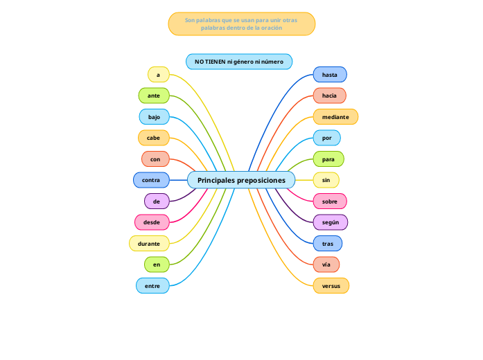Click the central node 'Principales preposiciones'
[241, 180]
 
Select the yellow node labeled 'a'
[158, 74]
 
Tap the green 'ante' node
[154, 96]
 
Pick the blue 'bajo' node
[154, 117]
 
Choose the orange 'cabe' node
[154, 138]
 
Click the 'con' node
[155, 159]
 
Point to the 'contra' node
[151, 180]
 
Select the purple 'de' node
[157, 201]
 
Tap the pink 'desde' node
[151, 222]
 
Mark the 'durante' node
[149, 244]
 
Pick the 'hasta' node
[330, 74]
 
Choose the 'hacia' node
[329, 96]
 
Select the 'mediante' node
[335, 117]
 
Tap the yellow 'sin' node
[326, 180]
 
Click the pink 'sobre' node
[330, 201]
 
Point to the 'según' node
[330, 222]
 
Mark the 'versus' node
[331, 285]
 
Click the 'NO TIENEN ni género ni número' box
[239, 62]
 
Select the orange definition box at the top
[241, 24]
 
